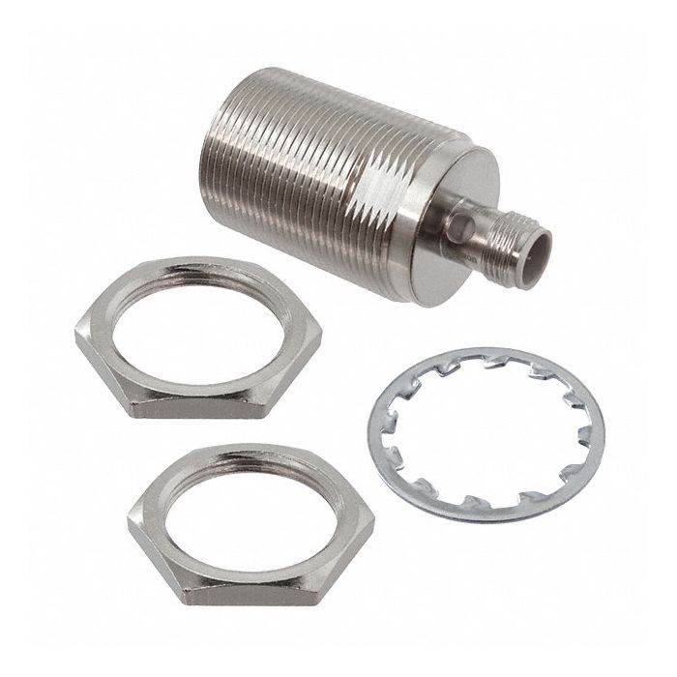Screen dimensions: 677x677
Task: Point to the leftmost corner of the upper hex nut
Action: (75, 335)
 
